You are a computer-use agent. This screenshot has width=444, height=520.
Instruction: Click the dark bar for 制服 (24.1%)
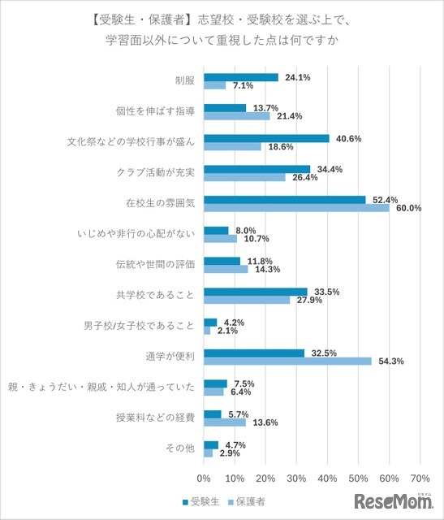[240, 77]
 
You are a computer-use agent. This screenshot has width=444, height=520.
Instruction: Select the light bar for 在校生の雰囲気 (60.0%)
[296, 208]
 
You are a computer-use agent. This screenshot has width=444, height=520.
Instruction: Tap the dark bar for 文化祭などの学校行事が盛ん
[266, 138]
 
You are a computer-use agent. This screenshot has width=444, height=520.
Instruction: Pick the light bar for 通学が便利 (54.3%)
[287, 361]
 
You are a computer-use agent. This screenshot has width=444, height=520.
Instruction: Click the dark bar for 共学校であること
[255, 292]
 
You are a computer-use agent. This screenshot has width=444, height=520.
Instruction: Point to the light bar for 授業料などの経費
[224, 422]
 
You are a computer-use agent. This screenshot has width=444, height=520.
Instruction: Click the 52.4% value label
[384, 199]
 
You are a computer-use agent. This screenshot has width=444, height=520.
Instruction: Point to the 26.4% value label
[304, 177]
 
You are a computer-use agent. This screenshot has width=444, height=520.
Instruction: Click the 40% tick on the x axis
[327, 478]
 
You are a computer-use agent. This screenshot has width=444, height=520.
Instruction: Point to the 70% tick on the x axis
[420, 478]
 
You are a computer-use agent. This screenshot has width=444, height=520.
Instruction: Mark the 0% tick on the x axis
[204, 478]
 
